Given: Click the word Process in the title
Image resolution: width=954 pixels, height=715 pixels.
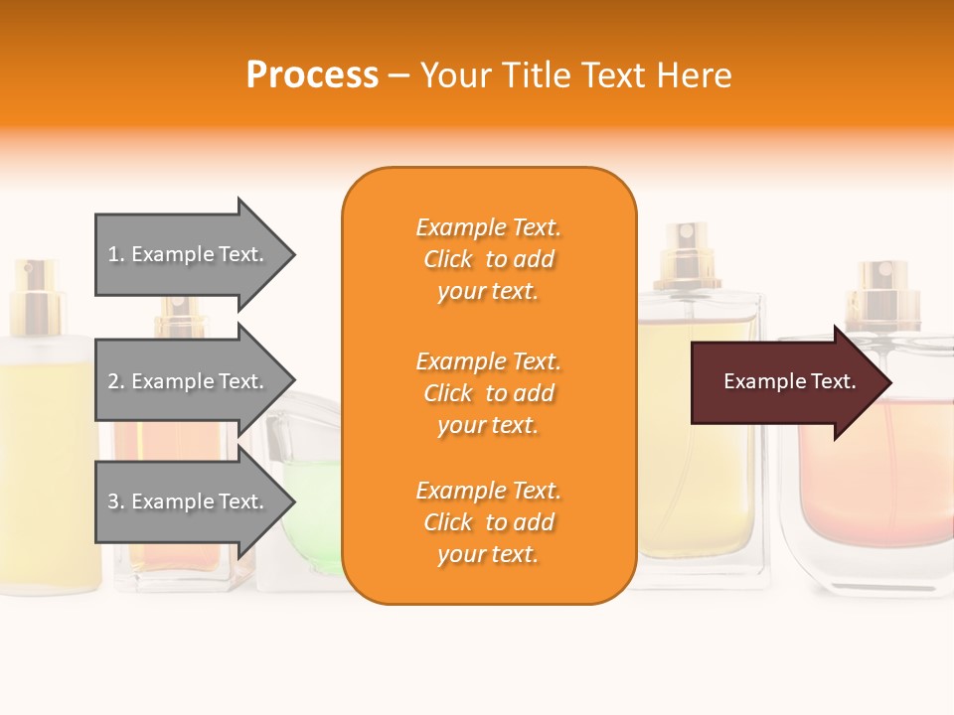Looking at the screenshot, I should point(312,75).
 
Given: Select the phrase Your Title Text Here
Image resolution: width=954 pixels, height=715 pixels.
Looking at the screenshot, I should point(575,75).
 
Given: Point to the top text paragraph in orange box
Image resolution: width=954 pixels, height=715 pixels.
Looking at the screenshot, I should point(488,259).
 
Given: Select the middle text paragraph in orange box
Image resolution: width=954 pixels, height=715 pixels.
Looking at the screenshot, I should point(488,393).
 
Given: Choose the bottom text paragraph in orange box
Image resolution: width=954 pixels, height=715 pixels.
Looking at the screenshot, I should point(488,522).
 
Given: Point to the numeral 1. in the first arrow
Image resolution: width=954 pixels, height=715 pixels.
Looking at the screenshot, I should point(116,255).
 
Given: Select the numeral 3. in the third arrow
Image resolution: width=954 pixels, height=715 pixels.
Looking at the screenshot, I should point(116,502).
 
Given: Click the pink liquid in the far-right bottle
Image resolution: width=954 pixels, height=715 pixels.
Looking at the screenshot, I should point(874,467).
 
